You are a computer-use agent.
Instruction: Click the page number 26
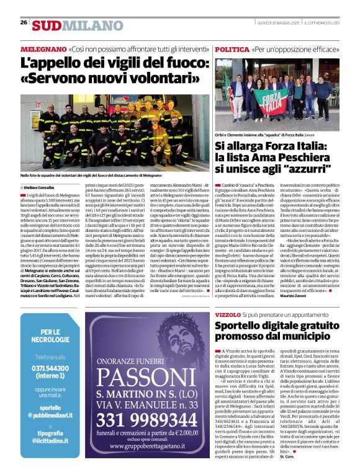coord(24,22)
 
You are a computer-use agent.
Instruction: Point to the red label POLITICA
coord(233,48)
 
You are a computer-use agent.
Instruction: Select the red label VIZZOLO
coord(228,316)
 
